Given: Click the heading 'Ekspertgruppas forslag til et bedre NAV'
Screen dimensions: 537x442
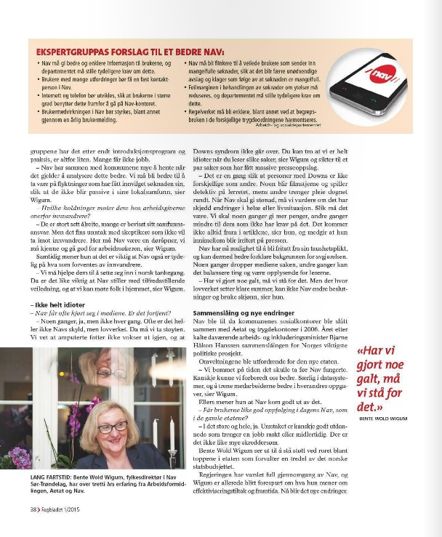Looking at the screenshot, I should (130, 52).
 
